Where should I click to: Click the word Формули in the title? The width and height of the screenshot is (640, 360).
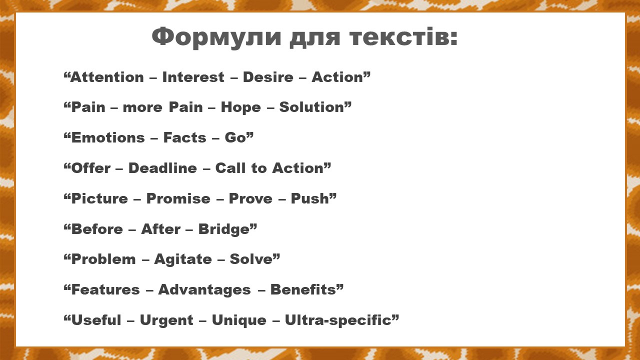216,37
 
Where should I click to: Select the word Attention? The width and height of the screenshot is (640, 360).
107,77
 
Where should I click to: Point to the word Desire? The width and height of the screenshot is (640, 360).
268,77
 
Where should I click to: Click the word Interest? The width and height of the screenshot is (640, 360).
193,77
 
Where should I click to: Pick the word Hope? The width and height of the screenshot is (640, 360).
241,107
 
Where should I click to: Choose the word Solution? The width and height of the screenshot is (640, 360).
311,107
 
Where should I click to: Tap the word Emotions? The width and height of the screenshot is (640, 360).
108,137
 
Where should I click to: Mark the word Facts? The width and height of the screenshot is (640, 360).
184,137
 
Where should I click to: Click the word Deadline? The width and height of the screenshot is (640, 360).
162,168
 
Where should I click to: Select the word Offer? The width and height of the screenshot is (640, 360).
90,168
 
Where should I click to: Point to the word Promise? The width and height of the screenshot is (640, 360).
178,198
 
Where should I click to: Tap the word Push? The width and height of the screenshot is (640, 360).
310,198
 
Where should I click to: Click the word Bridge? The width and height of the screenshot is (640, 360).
224,229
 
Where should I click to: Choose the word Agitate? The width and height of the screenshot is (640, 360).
183,259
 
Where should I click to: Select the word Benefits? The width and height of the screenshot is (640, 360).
303,289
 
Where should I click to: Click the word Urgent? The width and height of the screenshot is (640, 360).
166,320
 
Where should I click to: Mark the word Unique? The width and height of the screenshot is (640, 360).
239,320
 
